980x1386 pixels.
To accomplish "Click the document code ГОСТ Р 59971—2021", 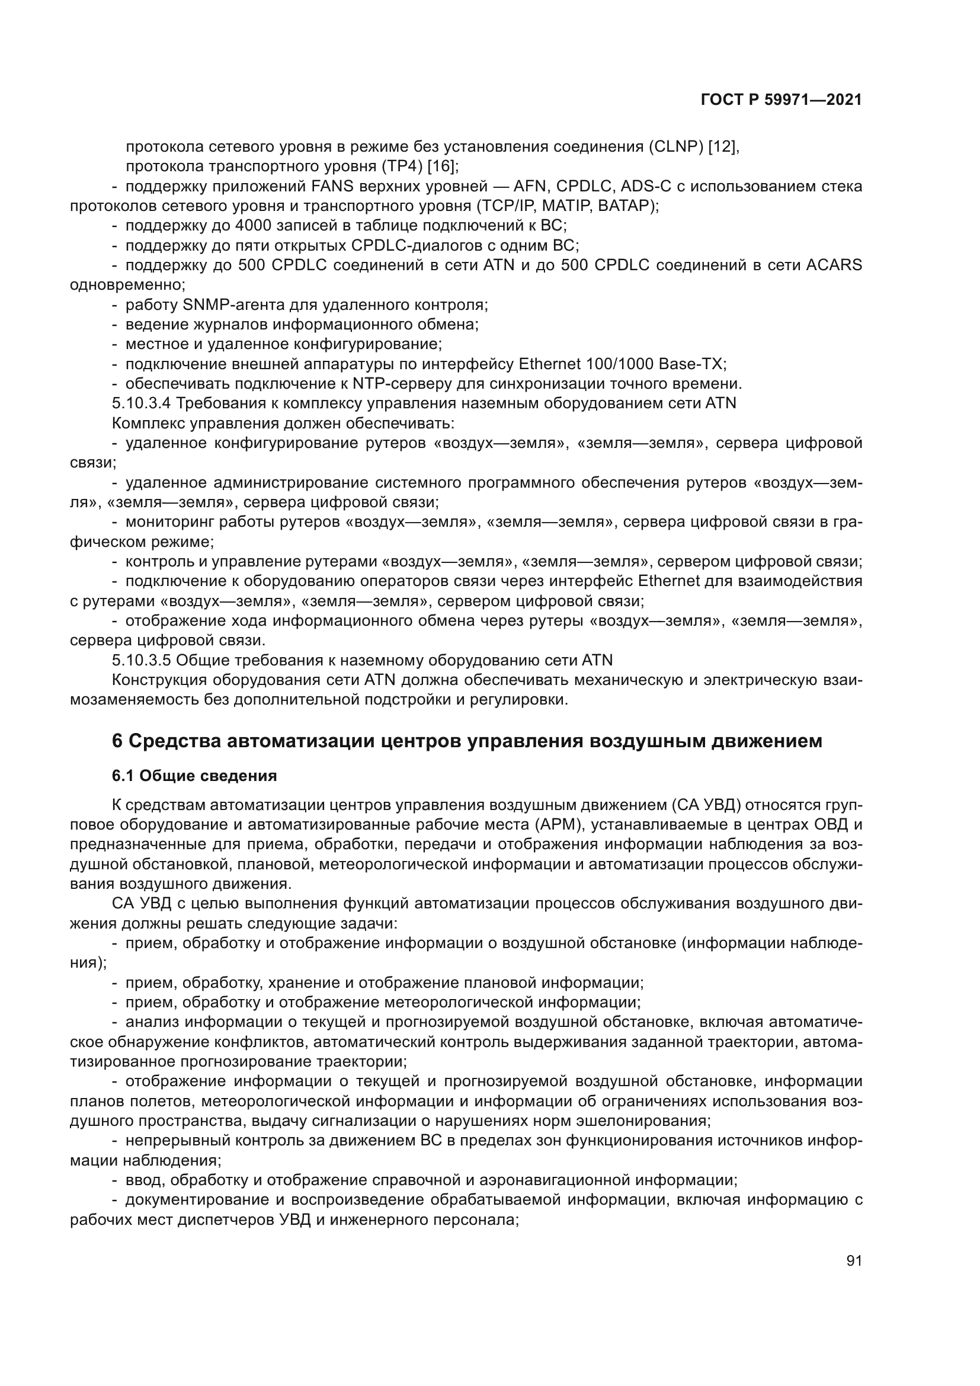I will pyautogui.click(x=781, y=100).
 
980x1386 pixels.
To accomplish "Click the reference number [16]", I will pyautogui.click(x=443, y=166).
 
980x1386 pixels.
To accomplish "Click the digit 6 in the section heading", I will pyautogui.click(x=117, y=741).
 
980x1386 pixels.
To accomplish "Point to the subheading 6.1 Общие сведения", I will pyautogui.click(x=194, y=776).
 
